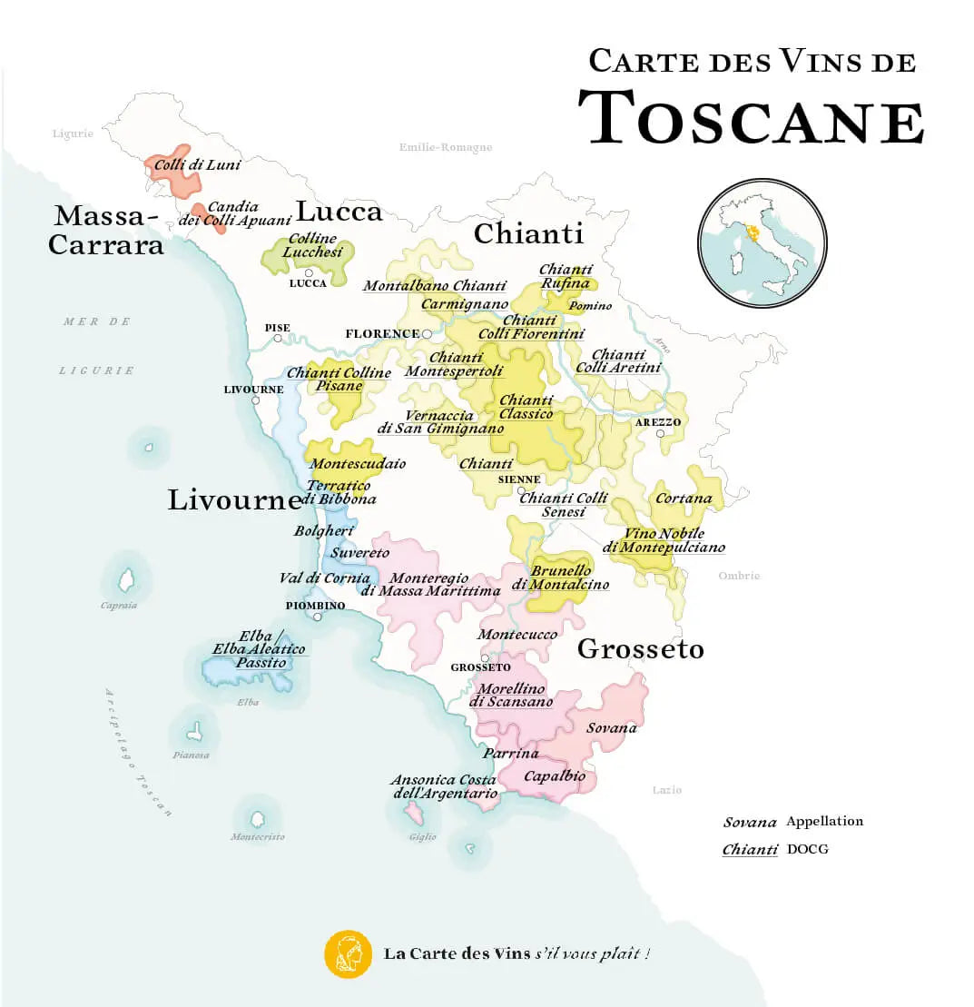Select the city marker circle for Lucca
pos(310,272)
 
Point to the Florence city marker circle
pos(427,334)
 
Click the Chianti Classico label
pos(526,407)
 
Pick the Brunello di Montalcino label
pos(560,578)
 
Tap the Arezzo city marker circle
pos(660,434)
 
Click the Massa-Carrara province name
pos(106,230)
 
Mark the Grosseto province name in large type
pos(641,649)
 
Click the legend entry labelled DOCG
pos(807,849)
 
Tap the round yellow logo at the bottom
pos(349,954)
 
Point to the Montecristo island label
pos(258,836)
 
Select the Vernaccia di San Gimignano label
pos(440,422)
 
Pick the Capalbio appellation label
pos(554,776)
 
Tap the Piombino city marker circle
pos(318,617)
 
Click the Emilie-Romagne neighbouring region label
pos(446,147)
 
